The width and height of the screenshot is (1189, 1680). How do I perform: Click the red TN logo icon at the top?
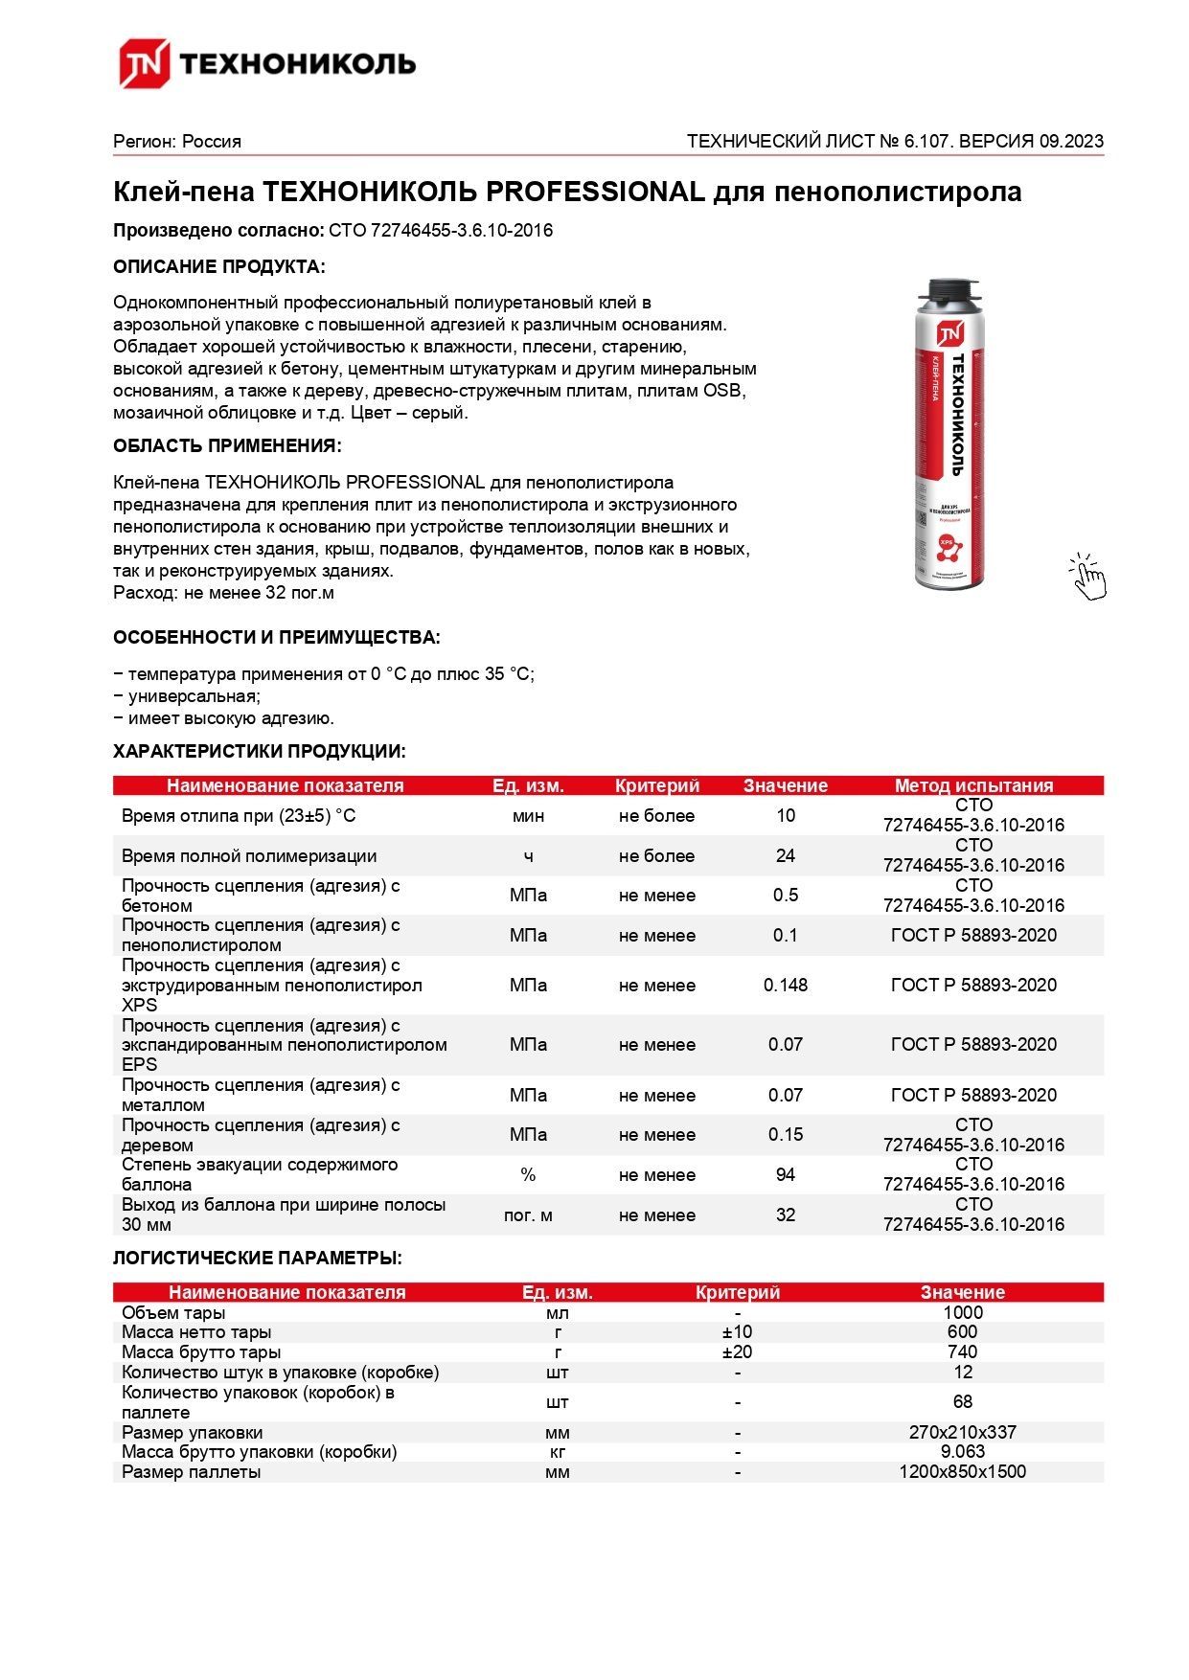tap(144, 63)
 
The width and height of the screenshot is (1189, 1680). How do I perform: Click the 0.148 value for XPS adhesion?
tap(785, 985)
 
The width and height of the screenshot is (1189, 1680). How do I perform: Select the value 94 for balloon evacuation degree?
tap(785, 1174)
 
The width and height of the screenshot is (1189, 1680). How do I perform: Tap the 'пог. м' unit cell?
tap(528, 1215)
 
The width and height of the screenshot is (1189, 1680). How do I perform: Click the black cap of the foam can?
tap(949, 291)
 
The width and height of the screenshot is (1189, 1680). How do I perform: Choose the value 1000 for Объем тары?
tap(962, 1312)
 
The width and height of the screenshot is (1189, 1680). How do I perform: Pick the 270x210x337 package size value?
tap(962, 1432)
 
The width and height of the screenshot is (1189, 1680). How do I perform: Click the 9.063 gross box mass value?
tap(962, 1451)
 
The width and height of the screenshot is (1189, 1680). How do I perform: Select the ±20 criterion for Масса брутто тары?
tap(737, 1351)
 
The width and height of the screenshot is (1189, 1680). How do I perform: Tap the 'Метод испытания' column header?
tap(973, 785)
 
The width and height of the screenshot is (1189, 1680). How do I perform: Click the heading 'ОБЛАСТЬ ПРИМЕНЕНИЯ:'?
tap(227, 445)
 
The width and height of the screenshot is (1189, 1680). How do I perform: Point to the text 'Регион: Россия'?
tap(177, 141)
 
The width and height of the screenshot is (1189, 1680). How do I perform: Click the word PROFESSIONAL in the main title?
tap(595, 192)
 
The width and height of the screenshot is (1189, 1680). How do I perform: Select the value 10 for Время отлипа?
tap(785, 815)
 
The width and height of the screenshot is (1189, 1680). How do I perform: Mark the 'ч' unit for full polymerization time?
tap(528, 855)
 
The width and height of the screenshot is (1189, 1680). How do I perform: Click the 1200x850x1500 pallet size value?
tap(962, 1471)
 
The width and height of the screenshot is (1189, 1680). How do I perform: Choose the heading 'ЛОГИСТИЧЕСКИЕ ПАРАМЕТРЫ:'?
tap(258, 1258)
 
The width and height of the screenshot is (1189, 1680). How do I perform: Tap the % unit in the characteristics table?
tap(528, 1174)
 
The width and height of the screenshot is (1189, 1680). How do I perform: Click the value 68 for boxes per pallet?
tap(962, 1401)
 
